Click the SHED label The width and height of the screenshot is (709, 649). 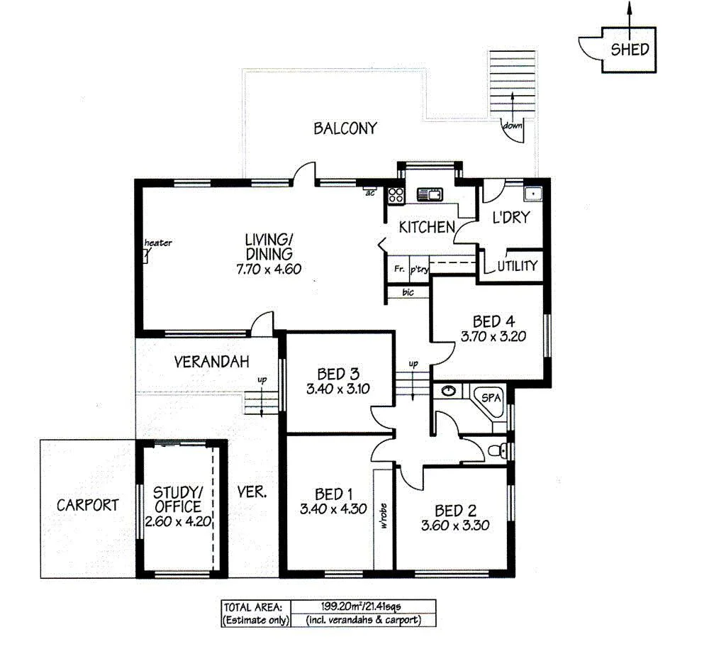(629, 50)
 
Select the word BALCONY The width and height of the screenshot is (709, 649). (345, 128)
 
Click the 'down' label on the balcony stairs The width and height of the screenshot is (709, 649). (511, 126)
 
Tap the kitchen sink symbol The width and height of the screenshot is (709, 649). (429, 194)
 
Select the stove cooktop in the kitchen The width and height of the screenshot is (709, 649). (394, 194)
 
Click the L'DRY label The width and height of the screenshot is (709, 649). (510, 218)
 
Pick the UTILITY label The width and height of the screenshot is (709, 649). (517, 266)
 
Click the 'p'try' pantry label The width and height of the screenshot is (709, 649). (419, 269)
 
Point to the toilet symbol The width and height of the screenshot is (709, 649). (501, 450)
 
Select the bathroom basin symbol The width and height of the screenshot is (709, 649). (448, 391)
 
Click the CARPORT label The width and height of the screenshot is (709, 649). (88, 505)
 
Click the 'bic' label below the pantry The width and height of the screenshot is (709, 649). (408, 292)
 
